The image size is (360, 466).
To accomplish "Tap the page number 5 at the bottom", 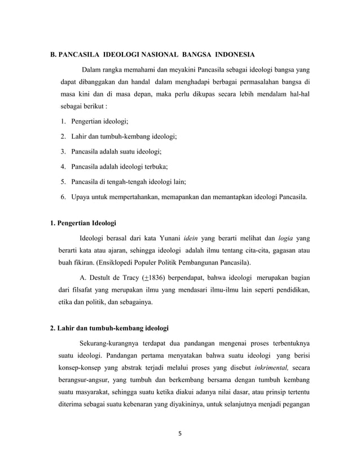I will [x=180, y=435].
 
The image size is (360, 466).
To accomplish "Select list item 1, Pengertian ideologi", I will [x=95, y=121].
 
